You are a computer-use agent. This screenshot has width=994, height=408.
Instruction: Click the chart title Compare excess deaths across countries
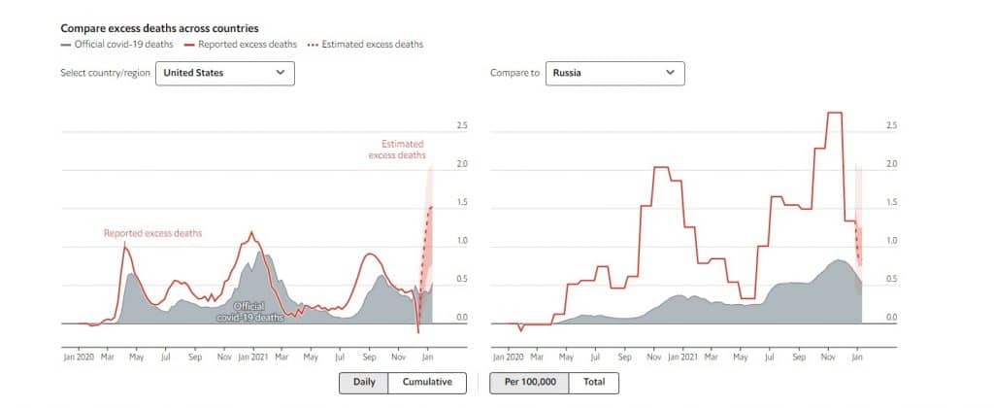(159, 28)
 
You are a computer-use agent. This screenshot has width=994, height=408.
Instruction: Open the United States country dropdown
(225, 73)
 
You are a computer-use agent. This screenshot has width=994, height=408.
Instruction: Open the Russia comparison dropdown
(613, 73)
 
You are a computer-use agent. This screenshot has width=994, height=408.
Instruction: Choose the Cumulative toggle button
(427, 382)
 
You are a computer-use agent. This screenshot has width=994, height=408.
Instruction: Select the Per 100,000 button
(530, 382)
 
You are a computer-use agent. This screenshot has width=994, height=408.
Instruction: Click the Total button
(594, 382)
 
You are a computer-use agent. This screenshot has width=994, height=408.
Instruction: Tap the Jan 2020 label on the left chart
(78, 357)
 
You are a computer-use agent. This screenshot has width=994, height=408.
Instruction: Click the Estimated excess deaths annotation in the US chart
(396, 150)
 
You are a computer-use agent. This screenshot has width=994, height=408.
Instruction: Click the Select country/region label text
(105, 73)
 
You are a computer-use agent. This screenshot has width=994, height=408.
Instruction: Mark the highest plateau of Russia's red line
(834, 114)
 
